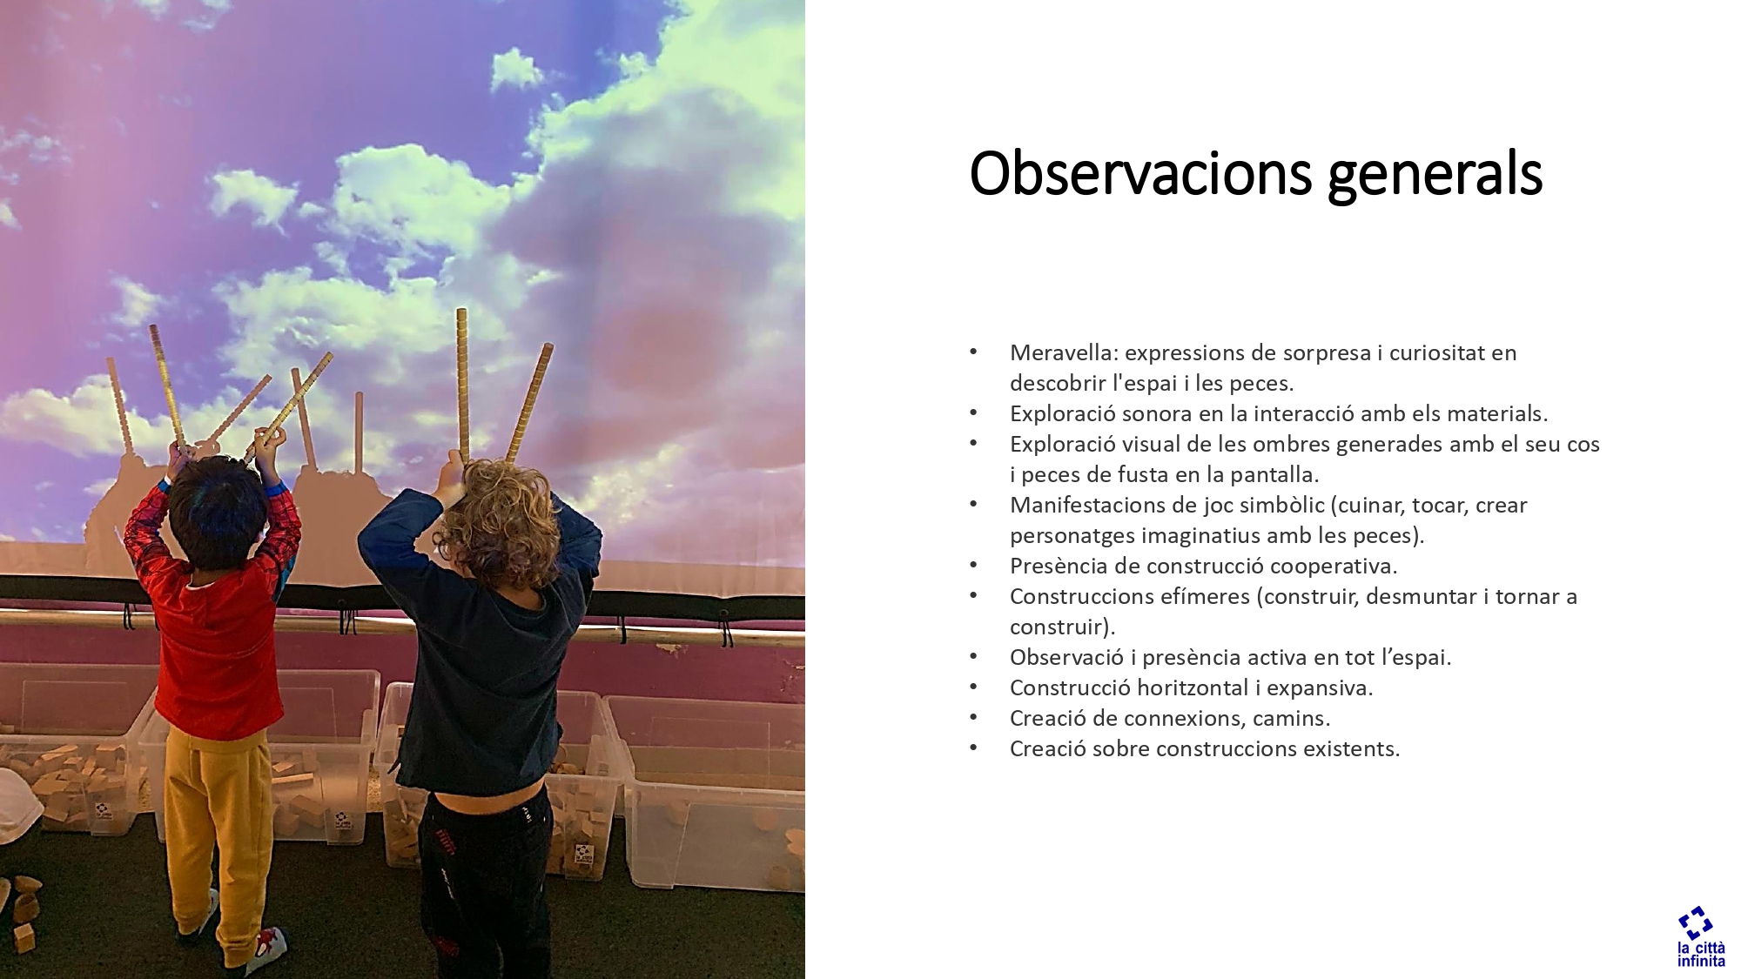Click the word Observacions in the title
pyautogui.click(x=1141, y=173)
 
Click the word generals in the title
pyautogui.click(x=1435, y=177)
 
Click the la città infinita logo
pyautogui.click(x=1701, y=936)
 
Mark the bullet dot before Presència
pyautogui.click(x=973, y=566)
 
